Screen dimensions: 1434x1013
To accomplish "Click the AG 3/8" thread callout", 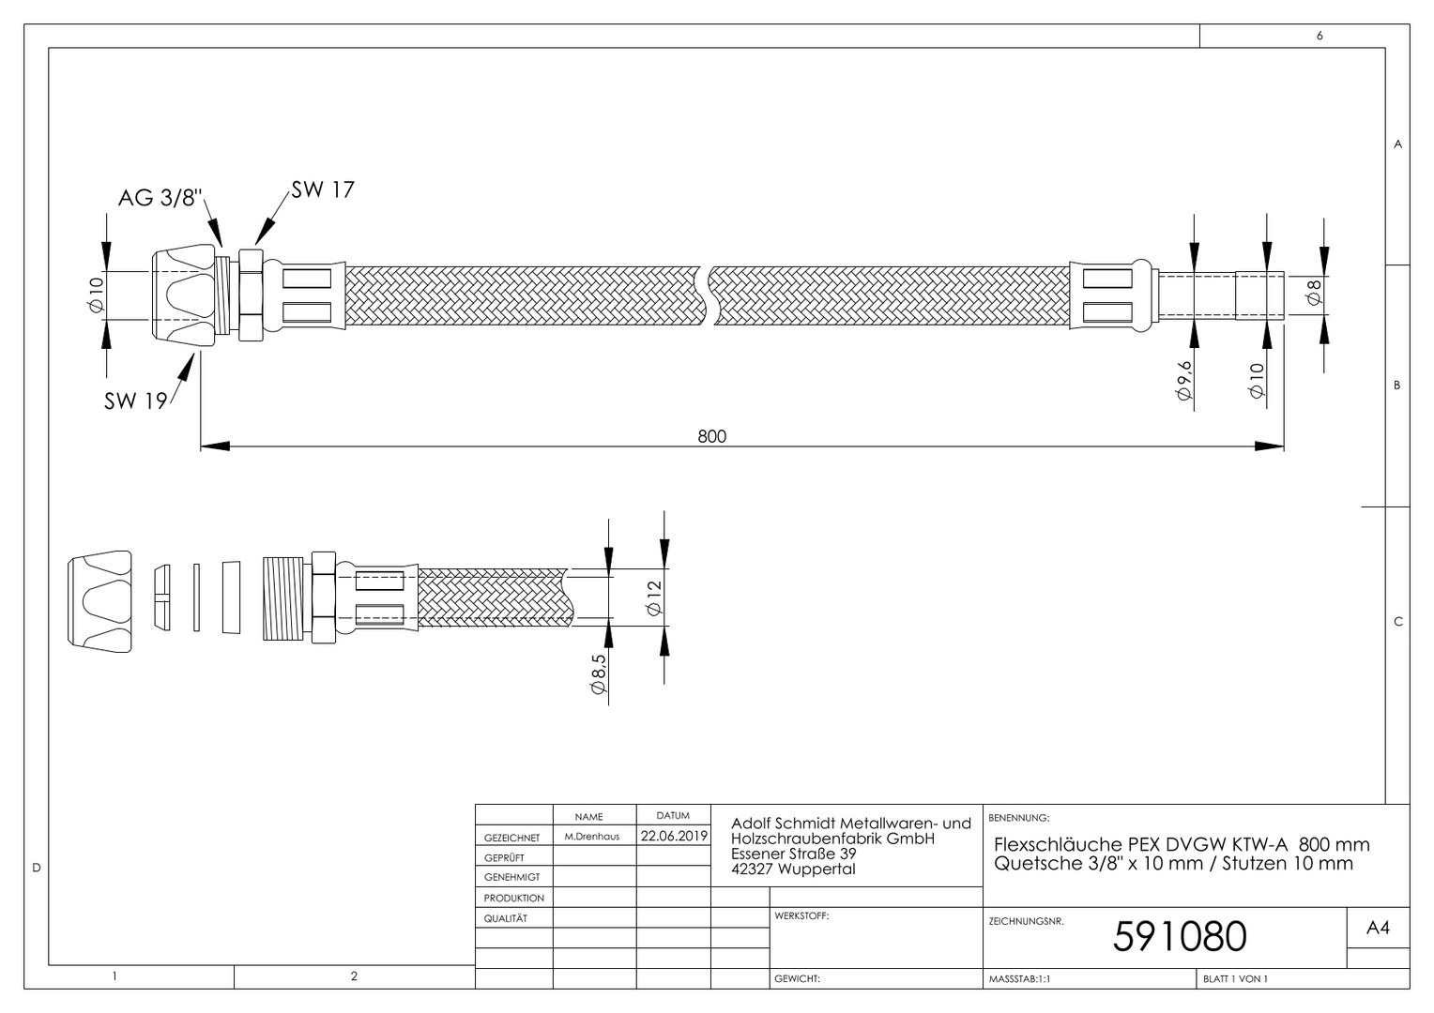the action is pyautogui.click(x=160, y=197).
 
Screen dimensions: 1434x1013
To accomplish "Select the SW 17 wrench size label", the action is pyautogui.click(x=323, y=189).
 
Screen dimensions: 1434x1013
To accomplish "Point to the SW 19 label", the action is pyautogui.click(x=136, y=401).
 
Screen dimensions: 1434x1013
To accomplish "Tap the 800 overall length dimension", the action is pyautogui.click(x=712, y=436).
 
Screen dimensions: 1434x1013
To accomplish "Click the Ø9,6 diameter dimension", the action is pyautogui.click(x=1184, y=381).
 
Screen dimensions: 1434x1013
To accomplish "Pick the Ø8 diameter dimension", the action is pyautogui.click(x=1314, y=293).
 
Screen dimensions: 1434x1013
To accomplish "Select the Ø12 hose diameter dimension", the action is pyautogui.click(x=653, y=597).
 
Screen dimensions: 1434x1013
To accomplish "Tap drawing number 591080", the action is pyautogui.click(x=1180, y=936).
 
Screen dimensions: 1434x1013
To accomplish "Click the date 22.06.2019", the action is pyautogui.click(x=674, y=836).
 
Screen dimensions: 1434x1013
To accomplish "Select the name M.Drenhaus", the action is pyautogui.click(x=591, y=837).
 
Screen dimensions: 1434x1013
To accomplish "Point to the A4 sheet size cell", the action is pyautogui.click(x=1378, y=928).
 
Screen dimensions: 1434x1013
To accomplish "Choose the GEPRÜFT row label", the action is pyautogui.click(x=504, y=857).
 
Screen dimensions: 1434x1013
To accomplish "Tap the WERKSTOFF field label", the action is pyautogui.click(x=801, y=915).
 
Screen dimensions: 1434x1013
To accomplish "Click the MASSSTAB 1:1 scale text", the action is pyautogui.click(x=1019, y=979).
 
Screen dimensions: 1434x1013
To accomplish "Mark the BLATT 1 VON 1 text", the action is pyautogui.click(x=1235, y=979).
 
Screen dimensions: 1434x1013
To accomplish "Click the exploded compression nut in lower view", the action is pyautogui.click(x=99, y=601).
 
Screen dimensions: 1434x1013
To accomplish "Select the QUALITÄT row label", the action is pyautogui.click(x=505, y=918).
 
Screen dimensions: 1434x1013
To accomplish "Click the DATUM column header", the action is pyautogui.click(x=673, y=815).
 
